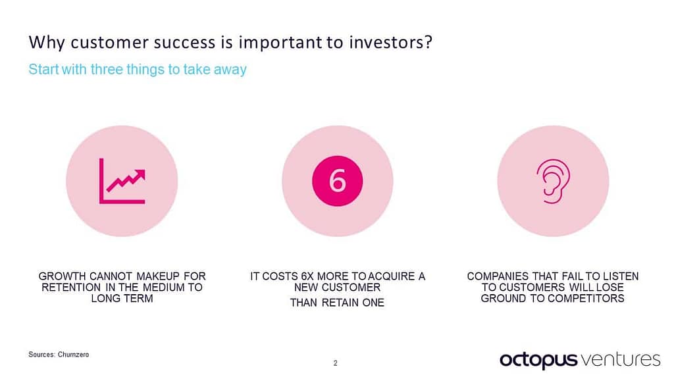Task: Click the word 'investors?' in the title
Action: (393, 43)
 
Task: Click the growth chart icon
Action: (122, 180)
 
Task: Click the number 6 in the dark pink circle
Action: (337, 181)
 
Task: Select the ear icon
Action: (553, 180)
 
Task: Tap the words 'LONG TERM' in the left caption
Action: (122, 299)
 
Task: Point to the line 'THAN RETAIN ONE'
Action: (337, 303)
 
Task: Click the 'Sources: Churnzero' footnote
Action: (59, 355)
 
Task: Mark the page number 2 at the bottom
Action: (336, 363)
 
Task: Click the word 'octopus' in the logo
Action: (538, 359)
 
